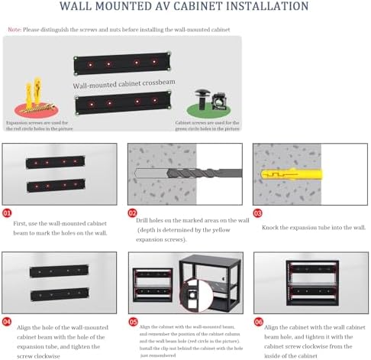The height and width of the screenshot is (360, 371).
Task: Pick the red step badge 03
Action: tap(258, 212)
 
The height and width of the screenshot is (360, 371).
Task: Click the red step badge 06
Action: tap(258, 323)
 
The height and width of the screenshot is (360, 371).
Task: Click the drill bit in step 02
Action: tap(191, 174)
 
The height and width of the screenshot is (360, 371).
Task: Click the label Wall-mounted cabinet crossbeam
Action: tap(121, 86)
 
